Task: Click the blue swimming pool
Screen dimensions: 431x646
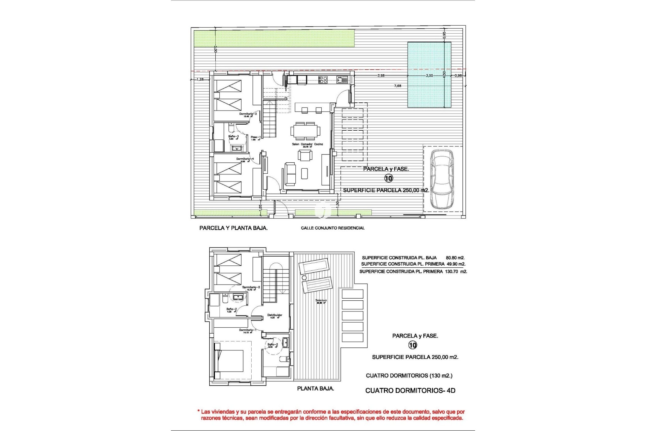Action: (x=429, y=75)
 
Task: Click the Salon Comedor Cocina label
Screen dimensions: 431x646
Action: (x=307, y=144)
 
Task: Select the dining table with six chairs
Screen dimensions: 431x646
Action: (x=306, y=131)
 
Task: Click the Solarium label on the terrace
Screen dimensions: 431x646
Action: (x=321, y=300)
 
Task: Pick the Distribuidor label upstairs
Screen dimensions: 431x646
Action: (x=275, y=316)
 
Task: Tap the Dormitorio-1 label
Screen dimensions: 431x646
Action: (x=248, y=330)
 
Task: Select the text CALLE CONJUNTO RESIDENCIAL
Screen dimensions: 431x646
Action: (x=332, y=228)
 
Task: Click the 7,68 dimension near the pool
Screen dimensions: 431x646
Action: (x=397, y=86)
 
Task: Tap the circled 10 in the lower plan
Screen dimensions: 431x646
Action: (x=412, y=345)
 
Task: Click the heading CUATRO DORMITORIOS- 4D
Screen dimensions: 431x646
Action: (x=410, y=391)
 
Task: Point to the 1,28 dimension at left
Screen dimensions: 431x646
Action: (x=200, y=79)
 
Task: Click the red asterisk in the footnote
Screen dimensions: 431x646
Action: (x=199, y=411)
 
